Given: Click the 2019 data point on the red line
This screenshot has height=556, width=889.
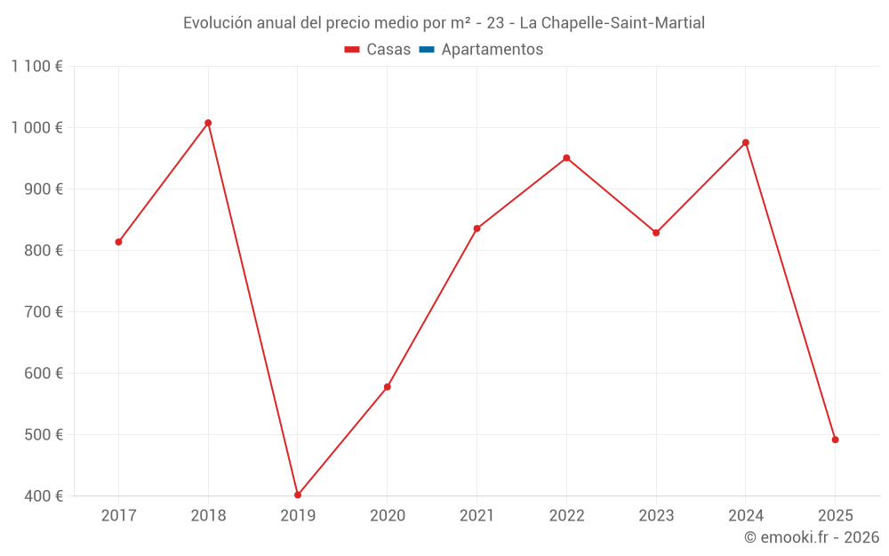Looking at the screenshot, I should coord(298,495).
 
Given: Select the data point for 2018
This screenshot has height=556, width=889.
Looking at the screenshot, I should coord(208,123).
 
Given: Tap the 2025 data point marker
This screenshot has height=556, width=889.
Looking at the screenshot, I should coord(835,439).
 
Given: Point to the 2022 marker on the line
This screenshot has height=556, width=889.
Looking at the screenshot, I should coord(566,158).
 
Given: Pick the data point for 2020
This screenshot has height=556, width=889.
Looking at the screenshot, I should coord(388,387).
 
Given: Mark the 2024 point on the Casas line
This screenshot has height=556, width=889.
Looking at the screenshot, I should coord(746,142).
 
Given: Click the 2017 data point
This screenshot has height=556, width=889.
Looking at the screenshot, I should coord(118,242).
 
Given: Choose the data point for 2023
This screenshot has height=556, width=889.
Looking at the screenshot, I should coord(656,233).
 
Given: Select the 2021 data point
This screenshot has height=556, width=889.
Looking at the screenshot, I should coord(477,229).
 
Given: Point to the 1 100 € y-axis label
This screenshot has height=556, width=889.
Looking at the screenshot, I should coord(36,67).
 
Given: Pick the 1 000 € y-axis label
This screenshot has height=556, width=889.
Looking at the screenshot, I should coord(36,128).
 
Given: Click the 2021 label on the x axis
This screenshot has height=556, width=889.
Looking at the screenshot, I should coord(477,516).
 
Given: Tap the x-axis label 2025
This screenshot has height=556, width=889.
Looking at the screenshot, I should coord(835,516).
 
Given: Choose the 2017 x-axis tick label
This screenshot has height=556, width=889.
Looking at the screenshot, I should coord(118,516).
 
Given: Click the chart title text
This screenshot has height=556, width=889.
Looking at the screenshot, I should coord(444,23).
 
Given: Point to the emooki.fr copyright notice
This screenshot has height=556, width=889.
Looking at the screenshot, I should coord(812,537).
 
